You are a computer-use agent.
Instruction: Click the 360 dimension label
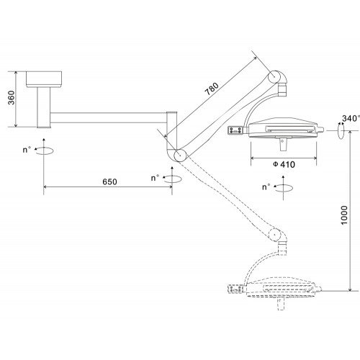coord(12,98)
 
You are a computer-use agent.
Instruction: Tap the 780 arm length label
coord(212,89)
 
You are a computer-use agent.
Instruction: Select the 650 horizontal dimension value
coord(109,181)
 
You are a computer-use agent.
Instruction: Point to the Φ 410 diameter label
coord(284,164)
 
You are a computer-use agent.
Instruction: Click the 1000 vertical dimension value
coord(344,215)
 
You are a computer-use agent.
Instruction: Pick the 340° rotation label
coord(351,118)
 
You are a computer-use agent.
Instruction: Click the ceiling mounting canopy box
coord(44,79)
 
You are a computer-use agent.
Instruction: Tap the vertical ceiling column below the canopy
coord(44,107)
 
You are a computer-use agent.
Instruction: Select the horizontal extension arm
coord(109,117)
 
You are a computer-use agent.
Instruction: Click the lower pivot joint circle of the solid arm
coord(180,156)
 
